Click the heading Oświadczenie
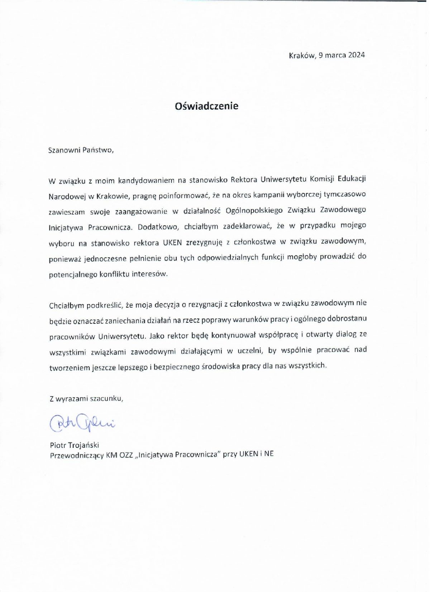click(206, 106)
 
